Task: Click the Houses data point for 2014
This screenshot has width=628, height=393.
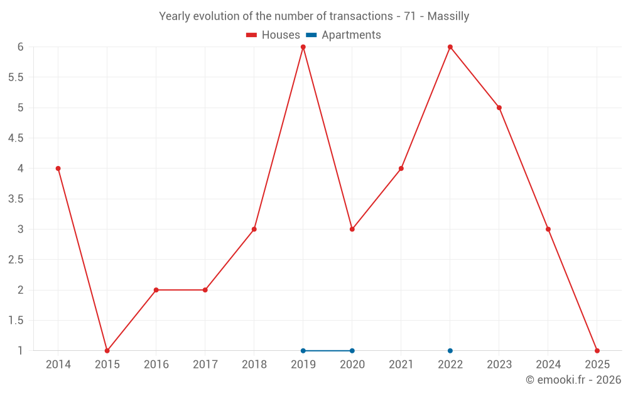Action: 58,169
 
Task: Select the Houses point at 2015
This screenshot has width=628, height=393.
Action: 107,351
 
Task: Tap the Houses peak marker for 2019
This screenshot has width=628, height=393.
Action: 303,47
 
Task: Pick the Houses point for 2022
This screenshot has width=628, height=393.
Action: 450,47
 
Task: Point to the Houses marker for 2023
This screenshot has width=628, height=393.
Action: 499,108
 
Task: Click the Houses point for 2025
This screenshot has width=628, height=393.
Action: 597,351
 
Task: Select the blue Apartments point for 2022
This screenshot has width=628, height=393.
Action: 450,351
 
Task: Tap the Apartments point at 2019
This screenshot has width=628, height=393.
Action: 303,351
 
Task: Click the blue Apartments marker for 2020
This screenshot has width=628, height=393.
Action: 352,351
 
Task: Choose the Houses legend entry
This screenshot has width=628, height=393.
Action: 273,35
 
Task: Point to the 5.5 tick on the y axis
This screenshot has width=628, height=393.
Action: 16,77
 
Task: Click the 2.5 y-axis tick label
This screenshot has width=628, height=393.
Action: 16,260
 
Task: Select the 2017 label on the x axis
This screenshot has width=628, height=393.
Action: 205,365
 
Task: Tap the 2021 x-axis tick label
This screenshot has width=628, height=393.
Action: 401,365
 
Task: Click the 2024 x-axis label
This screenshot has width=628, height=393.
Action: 548,365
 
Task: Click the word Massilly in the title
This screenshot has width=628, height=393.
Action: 448,16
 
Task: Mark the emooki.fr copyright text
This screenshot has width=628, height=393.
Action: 573,380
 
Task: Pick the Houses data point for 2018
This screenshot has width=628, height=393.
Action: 254,229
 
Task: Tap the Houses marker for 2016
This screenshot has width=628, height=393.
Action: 156,290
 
